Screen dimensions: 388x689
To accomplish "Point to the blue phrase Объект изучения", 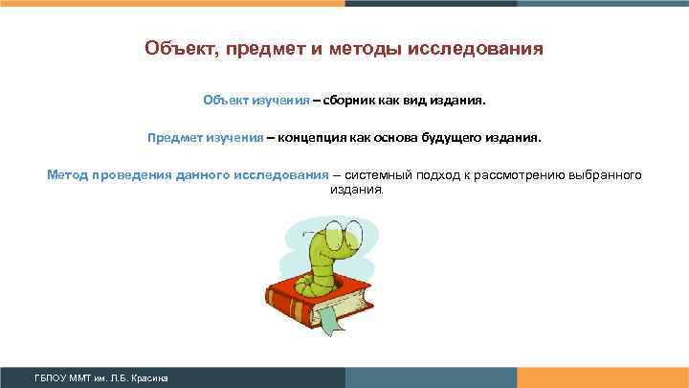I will point(256,99).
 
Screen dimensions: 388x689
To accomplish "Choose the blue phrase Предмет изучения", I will point(205,137).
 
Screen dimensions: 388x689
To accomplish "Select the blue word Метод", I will point(70,175).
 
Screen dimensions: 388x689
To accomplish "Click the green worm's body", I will point(317,268).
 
